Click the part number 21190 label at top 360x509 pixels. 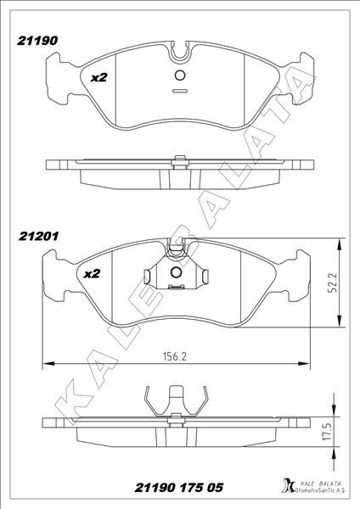37,41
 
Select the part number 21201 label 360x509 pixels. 39,236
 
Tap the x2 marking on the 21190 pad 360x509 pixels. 98,77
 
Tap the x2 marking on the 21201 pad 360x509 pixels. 92,274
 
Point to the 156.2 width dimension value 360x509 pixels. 175,356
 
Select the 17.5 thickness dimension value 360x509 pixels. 328,431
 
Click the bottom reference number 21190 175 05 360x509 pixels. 178,488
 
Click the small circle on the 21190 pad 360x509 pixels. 180,76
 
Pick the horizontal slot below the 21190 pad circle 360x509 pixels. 180,91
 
